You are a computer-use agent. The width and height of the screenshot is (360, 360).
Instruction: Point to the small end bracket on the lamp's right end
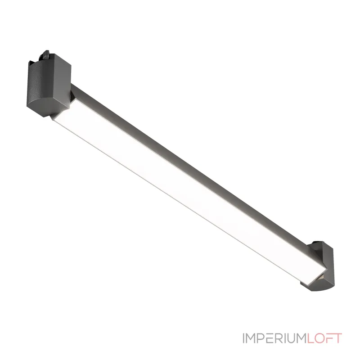pyautogui.click(x=319, y=266)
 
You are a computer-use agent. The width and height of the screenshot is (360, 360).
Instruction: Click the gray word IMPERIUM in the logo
pyautogui.click(x=274, y=338)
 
